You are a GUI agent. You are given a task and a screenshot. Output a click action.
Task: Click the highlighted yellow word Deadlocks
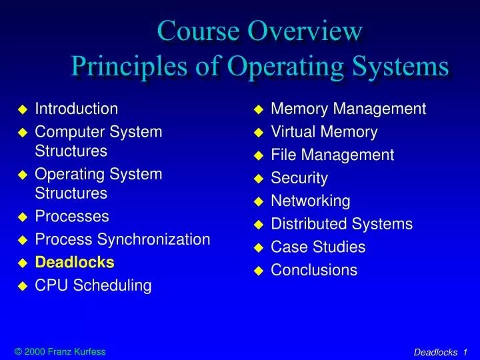pyautogui.click(x=74, y=262)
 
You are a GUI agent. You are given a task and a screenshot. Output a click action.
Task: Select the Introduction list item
pyautogui.click(x=76, y=109)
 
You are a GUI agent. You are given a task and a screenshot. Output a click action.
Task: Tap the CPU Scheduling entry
pyautogui.click(x=93, y=285)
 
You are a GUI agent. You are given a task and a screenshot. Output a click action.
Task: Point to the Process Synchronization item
pyautogui.click(x=122, y=239)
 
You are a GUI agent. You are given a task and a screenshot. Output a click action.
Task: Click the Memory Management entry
pyautogui.click(x=348, y=109)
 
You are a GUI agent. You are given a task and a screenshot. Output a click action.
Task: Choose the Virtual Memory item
pyautogui.click(x=324, y=132)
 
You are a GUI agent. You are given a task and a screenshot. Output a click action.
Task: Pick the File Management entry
pyautogui.click(x=332, y=155)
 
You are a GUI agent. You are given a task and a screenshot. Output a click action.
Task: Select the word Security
pyautogui.click(x=299, y=178)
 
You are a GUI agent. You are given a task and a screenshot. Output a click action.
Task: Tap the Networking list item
pyautogui.click(x=310, y=201)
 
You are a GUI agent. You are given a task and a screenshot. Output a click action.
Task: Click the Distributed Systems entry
pyautogui.click(x=341, y=224)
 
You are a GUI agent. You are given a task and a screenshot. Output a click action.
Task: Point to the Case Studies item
pyautogui.click(x=318, y=247)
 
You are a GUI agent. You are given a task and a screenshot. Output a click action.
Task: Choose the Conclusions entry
pyautogui.click(x=314, y=270)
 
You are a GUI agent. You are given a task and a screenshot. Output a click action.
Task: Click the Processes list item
pyautogui.click(x=71, y=217)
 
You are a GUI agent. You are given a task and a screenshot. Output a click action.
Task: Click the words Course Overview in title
pyautogui.click(x=261, y=31)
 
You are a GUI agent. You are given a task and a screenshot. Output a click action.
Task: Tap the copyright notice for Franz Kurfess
pyautogui.click(x=59, y=352)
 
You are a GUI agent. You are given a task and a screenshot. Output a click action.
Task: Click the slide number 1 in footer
pyautogui.click(x=465, y=352)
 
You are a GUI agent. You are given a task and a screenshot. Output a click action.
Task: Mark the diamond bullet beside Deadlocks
pyautogui.click(x=22, y=263)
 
